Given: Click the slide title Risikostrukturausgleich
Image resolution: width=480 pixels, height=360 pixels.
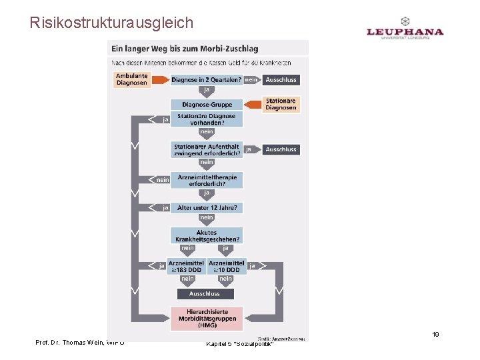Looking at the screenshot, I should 111,23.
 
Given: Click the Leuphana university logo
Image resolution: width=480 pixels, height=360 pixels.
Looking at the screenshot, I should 405,30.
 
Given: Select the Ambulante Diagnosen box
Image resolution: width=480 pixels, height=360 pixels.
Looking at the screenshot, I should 131,79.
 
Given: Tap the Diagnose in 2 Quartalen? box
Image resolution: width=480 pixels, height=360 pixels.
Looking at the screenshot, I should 207,80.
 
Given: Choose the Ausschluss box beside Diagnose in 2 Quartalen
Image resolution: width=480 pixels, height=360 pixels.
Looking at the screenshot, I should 281,80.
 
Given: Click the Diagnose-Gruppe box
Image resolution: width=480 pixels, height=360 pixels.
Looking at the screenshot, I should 207,105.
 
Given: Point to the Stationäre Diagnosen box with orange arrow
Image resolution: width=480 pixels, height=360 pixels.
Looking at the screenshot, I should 281,105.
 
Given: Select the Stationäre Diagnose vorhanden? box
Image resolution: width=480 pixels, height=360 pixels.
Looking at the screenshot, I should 207,119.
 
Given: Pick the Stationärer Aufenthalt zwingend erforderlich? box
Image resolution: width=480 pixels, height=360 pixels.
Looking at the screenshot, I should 207,150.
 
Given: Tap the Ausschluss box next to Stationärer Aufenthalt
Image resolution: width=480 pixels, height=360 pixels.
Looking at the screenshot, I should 281,149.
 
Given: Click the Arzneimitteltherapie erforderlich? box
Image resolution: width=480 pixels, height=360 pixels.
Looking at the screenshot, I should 207,180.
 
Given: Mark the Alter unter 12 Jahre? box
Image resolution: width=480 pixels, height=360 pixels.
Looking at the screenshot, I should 207,208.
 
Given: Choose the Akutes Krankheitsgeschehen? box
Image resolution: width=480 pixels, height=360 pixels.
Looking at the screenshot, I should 207,235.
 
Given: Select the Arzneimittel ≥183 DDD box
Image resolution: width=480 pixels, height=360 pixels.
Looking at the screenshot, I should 187,266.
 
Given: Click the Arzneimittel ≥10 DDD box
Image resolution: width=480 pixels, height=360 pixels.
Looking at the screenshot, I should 226,266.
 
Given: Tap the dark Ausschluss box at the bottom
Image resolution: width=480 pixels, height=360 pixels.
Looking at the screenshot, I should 205,293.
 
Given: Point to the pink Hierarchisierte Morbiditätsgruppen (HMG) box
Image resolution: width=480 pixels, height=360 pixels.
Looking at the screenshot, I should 207,319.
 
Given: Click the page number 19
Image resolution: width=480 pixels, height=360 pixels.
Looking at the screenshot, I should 435,335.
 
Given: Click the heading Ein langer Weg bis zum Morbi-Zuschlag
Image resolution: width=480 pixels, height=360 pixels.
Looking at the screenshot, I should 185,48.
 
